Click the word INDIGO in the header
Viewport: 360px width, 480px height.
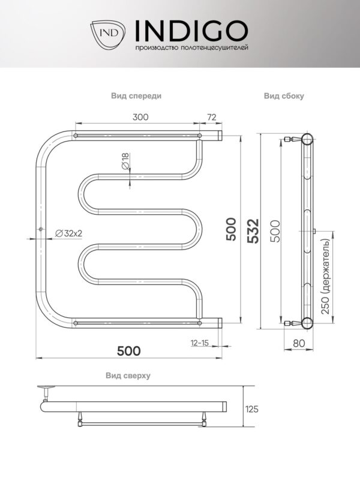click(x=191, y=31)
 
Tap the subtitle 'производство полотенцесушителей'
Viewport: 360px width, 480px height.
click(x=191, y=48)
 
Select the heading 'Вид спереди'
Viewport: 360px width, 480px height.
click(x=136, y=96)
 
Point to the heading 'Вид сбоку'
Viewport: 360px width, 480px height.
click(x=284, y=96)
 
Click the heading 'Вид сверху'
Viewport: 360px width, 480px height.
click(x=128, y=376)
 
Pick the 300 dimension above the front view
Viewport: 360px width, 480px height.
click(x=140, y=117)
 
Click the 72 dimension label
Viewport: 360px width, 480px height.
click(x=211, y=117)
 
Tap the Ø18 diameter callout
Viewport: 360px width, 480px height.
click(x=125, y=161)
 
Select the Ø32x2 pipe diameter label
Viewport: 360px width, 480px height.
click(x=68, y=233)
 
